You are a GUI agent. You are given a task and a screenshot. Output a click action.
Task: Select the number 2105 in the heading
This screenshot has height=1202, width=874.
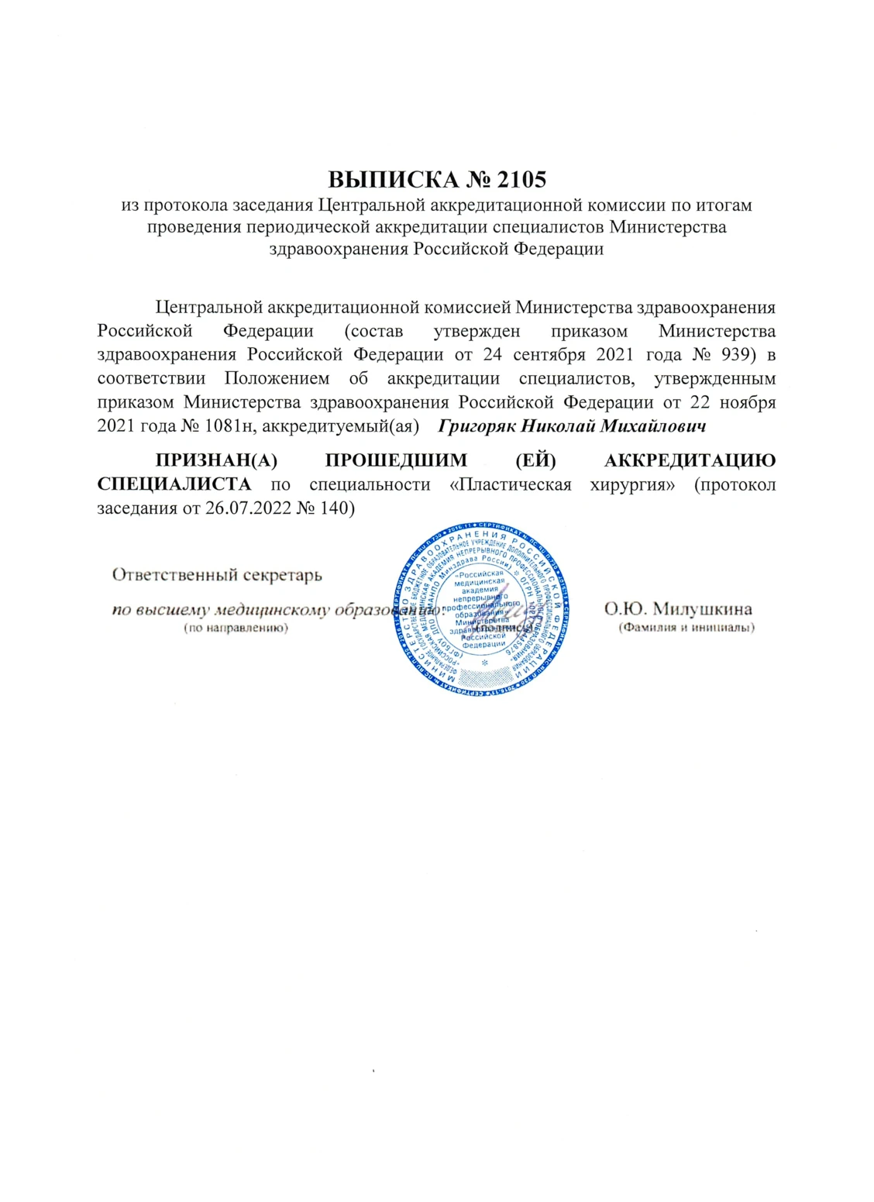(519, 180)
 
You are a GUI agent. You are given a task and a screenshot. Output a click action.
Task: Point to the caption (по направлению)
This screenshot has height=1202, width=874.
(235, 629)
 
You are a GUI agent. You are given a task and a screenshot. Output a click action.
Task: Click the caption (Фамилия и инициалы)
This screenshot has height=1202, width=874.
(686, 629)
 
